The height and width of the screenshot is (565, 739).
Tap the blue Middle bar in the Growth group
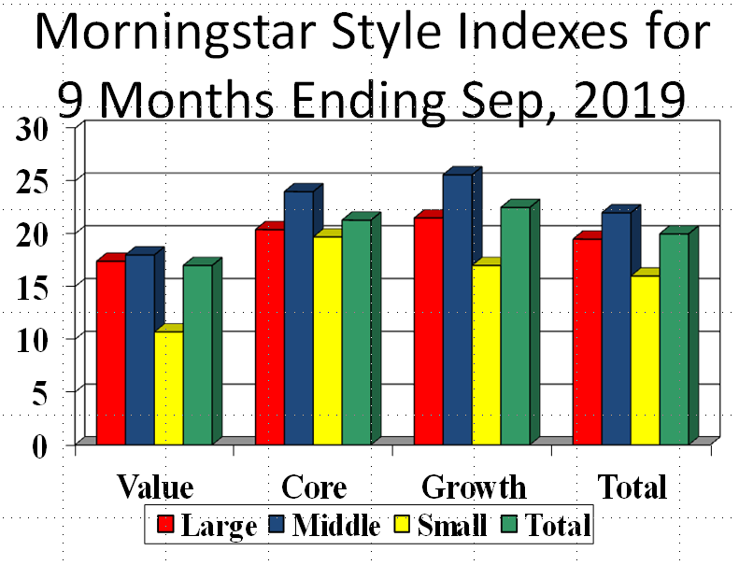[457, 308]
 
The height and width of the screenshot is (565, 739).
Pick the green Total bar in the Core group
[355, 332]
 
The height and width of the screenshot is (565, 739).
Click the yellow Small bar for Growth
[486, 355]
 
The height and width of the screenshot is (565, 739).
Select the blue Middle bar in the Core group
[298, 318]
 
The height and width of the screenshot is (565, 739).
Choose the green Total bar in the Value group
[197, 355]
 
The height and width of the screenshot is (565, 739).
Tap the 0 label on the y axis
[39, 445]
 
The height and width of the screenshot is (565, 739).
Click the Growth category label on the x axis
[474, 487]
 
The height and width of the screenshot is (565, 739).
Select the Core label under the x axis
[314, 487]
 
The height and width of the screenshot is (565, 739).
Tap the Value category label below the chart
[155, 487]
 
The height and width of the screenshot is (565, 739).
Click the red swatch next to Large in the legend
[166, 526]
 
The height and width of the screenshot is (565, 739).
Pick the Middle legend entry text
[336, 526]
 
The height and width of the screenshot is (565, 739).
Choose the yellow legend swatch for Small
[403, 526]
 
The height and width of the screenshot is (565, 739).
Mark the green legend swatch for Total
[508, 526]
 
